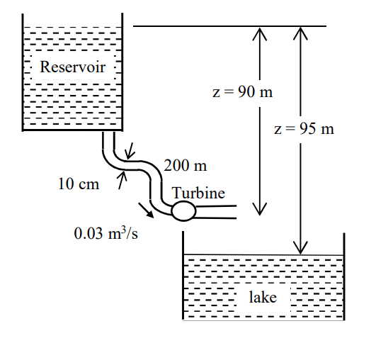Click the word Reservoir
coord(72,68)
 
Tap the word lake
coord(262,297)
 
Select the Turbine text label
coord(198,193)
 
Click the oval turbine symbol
coord(183,210)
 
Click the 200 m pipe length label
coord(186,167)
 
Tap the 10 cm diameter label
coord(78,184)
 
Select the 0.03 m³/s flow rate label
coord(106,233)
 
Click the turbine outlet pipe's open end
coord(234,211)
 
